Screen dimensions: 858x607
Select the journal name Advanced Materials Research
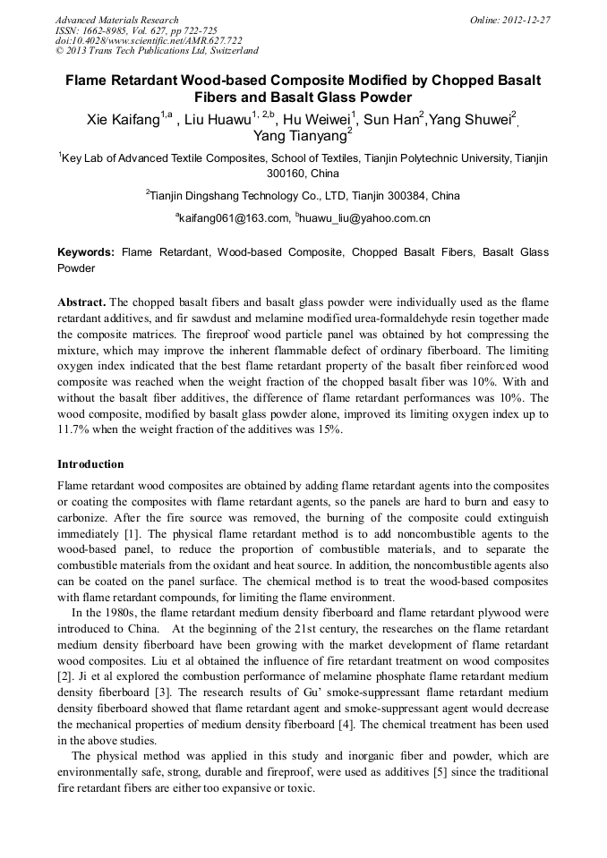tap(117, 20)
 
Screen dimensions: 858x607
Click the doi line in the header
tap(136, 41)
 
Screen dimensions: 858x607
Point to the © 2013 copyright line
tap(157, 52)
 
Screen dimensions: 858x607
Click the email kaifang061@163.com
tap(235, 217)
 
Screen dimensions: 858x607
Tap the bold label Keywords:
tap(86, 253)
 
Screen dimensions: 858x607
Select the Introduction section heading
tap(90, 464)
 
